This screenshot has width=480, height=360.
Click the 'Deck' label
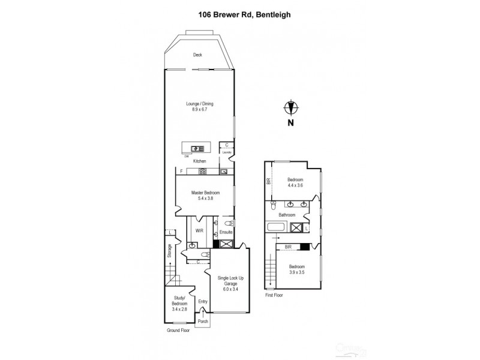pyautogui.click(x=197, y=55)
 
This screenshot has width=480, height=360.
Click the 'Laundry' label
pyautogui.click(x=226, y=152)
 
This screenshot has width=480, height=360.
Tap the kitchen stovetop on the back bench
pyautogui.click(x=203, y=172)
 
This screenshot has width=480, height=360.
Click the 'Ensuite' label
pyautogui.click(x=226, y=232)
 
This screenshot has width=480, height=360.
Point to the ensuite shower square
pyautogui.click(x=226, y=244)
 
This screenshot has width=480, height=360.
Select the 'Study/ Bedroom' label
pyautogui.click(x=180, y=304)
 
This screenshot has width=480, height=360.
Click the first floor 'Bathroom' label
pyautogui.click(x=286, y=214)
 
